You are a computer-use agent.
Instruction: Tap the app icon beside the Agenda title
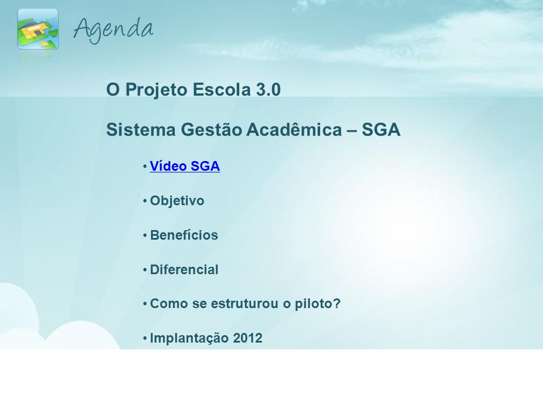(38, 29)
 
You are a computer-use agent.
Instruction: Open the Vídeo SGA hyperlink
(184, 166)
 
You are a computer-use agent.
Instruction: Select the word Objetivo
(177, 201)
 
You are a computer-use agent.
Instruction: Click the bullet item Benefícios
(184, 235)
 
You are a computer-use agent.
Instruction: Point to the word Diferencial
(184, 270)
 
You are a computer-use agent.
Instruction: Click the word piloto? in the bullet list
(317, 304)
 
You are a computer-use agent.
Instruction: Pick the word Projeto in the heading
(156, 90)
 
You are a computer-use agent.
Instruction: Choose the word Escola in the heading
(222, 90)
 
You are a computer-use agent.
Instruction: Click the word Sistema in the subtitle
(141, 130)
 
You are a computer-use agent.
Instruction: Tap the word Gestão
(211, 130)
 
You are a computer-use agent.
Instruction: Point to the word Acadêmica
(294, 129)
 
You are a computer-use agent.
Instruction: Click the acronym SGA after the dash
(381, 130)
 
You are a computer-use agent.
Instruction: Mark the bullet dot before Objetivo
(145, 201)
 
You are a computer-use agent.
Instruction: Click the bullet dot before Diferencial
(145, 270)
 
